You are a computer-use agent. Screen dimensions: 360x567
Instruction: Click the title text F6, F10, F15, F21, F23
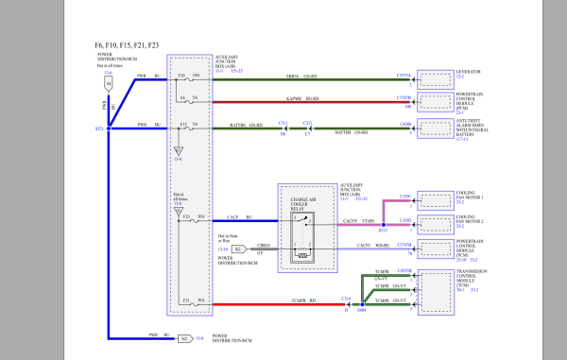tap(127, 44)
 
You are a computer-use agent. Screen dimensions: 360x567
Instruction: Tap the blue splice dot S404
tap(363, 304)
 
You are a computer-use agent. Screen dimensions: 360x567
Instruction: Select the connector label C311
tap(283, 122)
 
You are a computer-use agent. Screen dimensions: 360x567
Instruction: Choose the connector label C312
tap(307, 122)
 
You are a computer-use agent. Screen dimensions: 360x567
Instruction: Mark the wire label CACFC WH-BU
tap(369, 247)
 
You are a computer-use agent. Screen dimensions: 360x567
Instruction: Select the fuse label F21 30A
tap(192, 300)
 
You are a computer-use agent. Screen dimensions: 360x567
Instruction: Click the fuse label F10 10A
tap(192, 75)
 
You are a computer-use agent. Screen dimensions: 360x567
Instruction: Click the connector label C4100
tap(404, 123)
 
